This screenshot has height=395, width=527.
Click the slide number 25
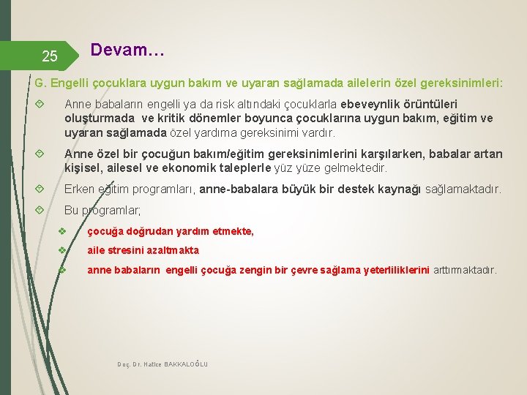click(x=49, y=56)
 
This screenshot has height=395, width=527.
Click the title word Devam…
click(x=127, y=51)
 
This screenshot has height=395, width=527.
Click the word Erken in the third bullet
click(x=80, y=189)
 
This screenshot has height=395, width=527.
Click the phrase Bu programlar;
click(x=102, y=211)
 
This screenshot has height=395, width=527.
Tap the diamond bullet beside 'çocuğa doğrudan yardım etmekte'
click(x=63, y=231)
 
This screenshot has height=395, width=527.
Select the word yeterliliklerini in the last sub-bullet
click(x=392, y=270)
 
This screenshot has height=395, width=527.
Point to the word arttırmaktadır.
click(x=465, y=270)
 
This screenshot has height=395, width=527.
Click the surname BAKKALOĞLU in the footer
click(x=186, y=364)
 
